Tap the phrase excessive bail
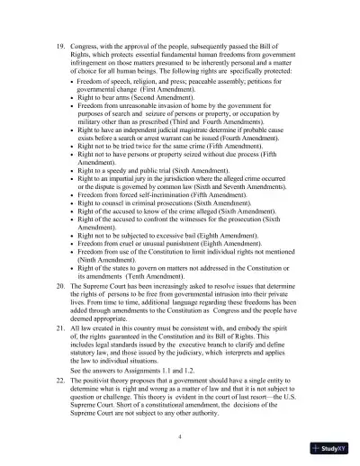[161, 236]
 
